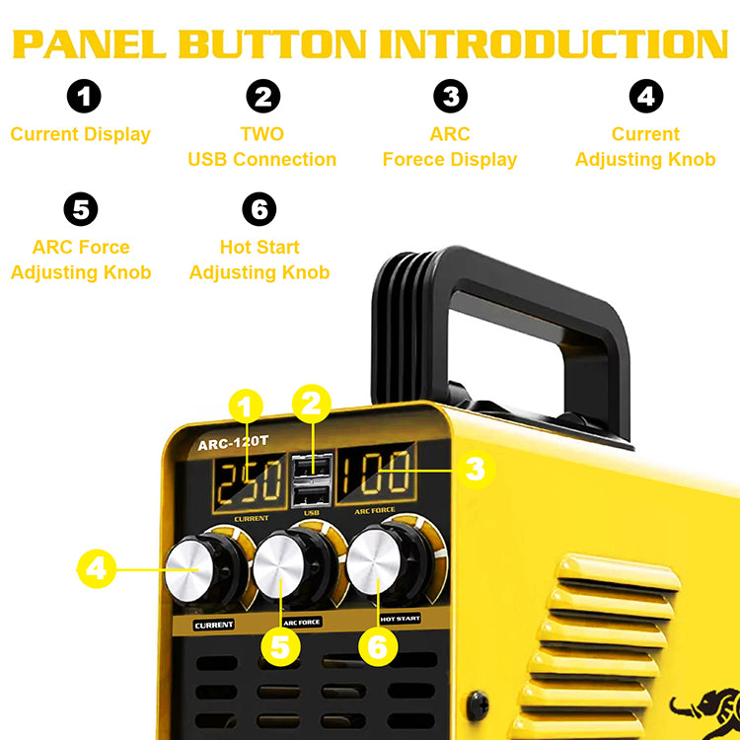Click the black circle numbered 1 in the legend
84,97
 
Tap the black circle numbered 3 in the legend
451,97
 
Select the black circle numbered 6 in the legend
259,209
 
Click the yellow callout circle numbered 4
97,569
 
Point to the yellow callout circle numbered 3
476,469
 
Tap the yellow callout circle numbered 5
280,646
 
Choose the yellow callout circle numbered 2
312,404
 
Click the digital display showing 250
250,482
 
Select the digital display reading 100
376,475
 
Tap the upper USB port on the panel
312,468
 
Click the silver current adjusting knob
189,571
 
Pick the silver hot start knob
374,561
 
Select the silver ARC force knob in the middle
279,566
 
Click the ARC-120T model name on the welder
233,443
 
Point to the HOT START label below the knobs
401,619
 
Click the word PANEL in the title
90,44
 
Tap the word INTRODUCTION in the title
554,44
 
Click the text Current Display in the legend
81,134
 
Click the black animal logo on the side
705,712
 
